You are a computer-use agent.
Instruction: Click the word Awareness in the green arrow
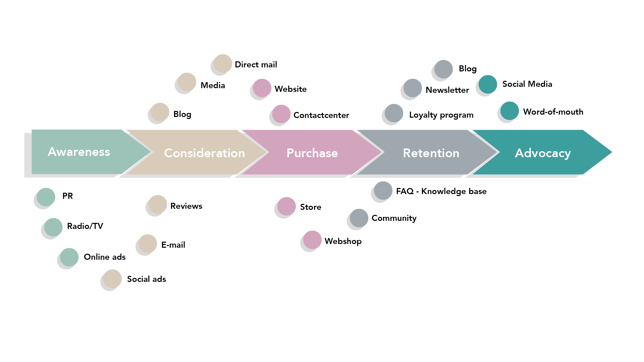(79, 152)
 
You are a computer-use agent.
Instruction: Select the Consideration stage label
(205, 153)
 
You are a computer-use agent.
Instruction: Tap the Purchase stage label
(312, 153)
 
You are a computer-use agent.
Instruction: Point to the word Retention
(431, 153)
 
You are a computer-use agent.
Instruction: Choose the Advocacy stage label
(543, 154)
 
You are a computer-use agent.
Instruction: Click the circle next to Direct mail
(223, 63)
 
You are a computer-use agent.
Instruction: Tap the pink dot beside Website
(262, 88)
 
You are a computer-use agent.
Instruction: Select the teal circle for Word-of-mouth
(509, 111)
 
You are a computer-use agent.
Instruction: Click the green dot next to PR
(46, 197)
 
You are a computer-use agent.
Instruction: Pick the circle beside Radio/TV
(53, 227)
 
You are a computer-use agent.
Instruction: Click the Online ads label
(105, 257)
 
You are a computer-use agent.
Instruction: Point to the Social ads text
(147, 279)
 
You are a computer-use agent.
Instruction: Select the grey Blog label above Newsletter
(468, 69)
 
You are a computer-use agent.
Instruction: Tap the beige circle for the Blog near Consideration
(160, 112)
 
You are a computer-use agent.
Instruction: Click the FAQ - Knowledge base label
(441, 191)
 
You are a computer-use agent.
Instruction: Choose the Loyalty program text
(441, 115)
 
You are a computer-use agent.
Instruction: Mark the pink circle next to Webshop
(312, 240)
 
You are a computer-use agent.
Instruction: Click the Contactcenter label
(321, 115)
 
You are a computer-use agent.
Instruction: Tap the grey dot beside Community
(359, 218)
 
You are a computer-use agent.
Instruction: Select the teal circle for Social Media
(488, 84)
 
